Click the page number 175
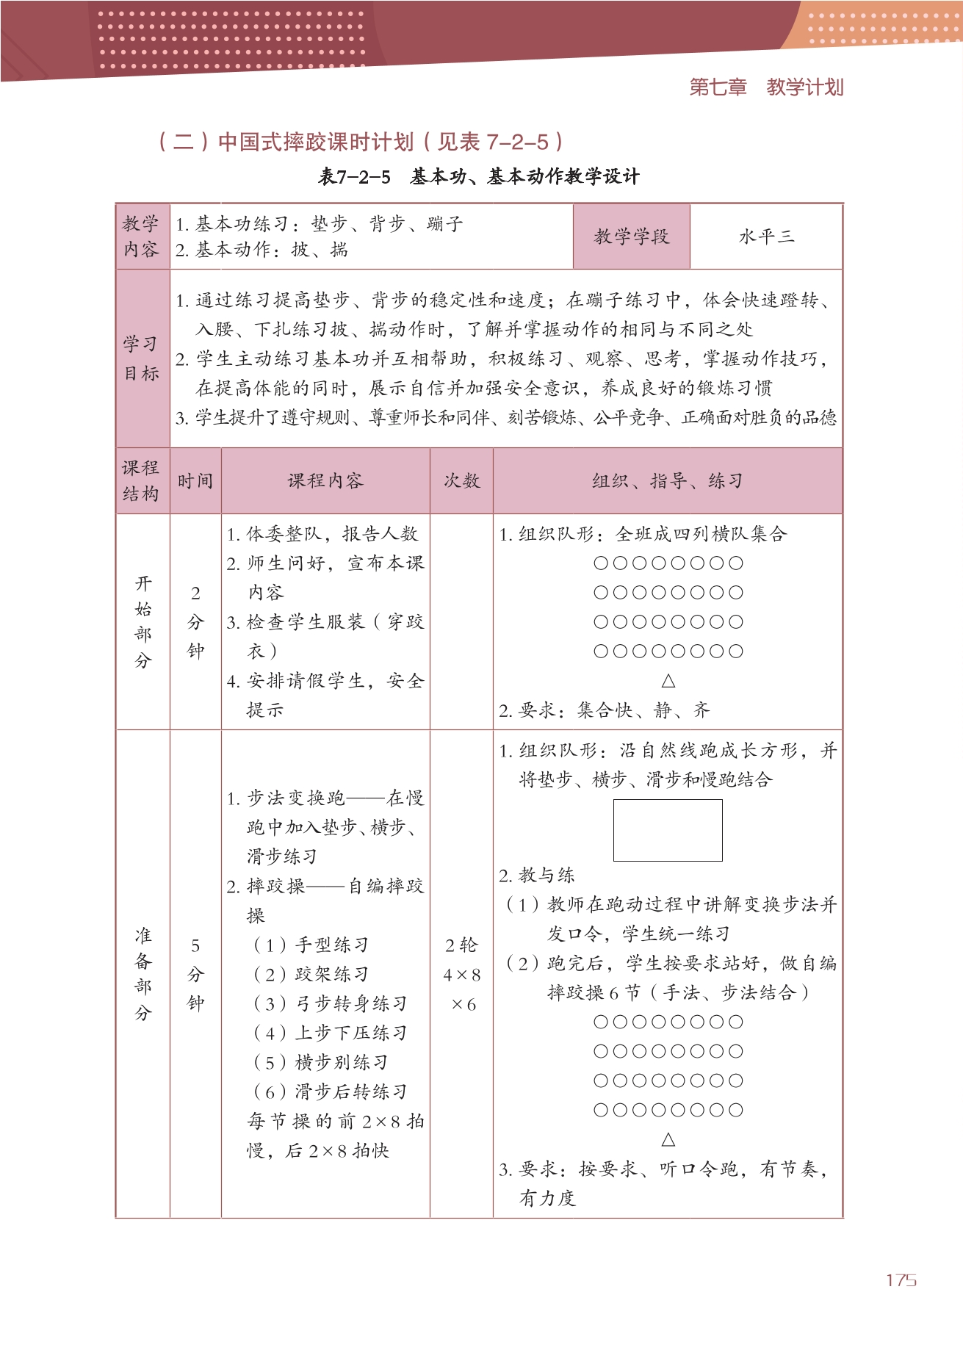(901, 1280)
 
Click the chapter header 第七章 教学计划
(766, 87)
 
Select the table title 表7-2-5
(355, 177)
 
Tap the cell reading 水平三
(766, 237)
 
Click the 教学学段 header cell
(631, 237)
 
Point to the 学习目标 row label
(142, 358)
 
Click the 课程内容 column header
(325, 481)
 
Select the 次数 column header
(461, 481)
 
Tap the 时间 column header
(195, 481)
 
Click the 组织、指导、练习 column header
(667, 481)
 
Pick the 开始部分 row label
(143, 621)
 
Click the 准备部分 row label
(143, 974)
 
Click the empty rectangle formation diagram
(668, 830)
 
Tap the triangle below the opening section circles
(668, 681)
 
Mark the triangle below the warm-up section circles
(668, 1139)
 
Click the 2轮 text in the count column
(461, 945)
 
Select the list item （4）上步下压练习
(330, 1033)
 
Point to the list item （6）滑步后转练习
(330, 1092)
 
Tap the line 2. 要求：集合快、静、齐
(605, 710)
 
